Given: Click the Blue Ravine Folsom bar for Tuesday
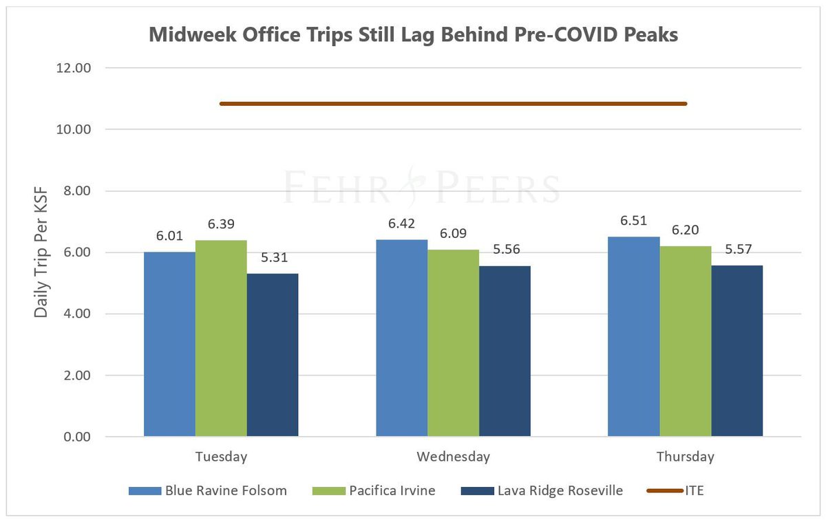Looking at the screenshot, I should pyautogui.click(x=169, y=344).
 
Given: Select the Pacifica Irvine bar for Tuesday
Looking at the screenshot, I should pyautogui.click(x=221, y=338).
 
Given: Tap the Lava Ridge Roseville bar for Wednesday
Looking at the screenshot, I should pyautogui.click(x=505, y=351).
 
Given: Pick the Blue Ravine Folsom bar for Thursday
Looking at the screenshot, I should pyautogui.click(x=633, y=336).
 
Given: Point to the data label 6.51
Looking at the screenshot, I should pyautogui.click(x=633, y=222).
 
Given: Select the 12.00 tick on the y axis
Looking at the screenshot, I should pyautogui.click(x=78, y=68).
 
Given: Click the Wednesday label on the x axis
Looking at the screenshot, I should pyautogui.click(x=453, y=457).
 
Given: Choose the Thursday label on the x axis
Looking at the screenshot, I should pyautogui.click(x=685, y=457).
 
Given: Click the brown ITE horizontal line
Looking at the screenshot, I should pyautogui.click(x=453, y=104).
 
